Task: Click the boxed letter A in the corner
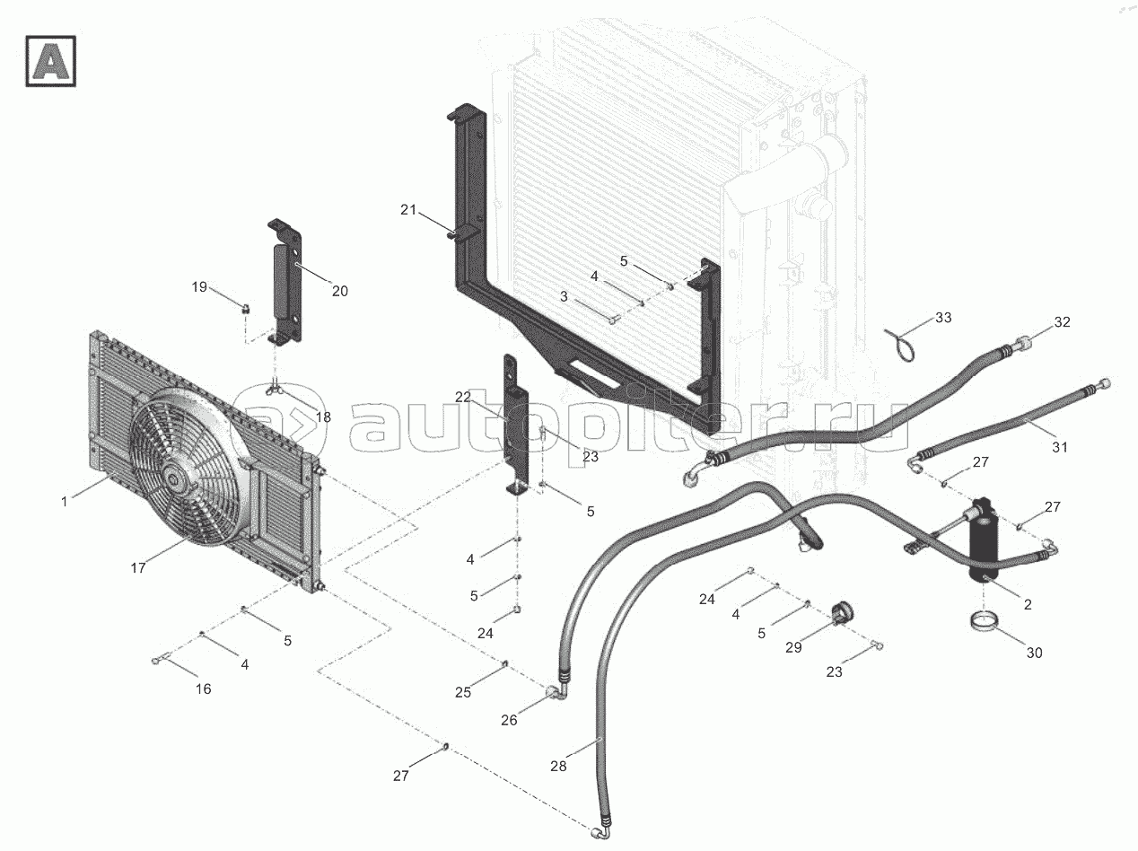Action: point(50,61)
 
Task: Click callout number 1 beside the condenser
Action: point(65,502)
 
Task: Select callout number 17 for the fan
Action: point(138,567)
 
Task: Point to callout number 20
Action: point(339,291)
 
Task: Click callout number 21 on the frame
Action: point(409,210)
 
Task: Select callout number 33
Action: point(943,318)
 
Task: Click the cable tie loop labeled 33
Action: point(903,345)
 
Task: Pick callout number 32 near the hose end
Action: point(1063,321)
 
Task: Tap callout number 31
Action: point(1060,446)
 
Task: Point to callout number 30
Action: point(1034,653)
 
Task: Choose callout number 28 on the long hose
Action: point(559,766)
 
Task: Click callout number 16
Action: point(204,689)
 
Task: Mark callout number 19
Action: point(199,287)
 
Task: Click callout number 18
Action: point(322,417)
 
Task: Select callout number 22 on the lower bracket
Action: point(462,397)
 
